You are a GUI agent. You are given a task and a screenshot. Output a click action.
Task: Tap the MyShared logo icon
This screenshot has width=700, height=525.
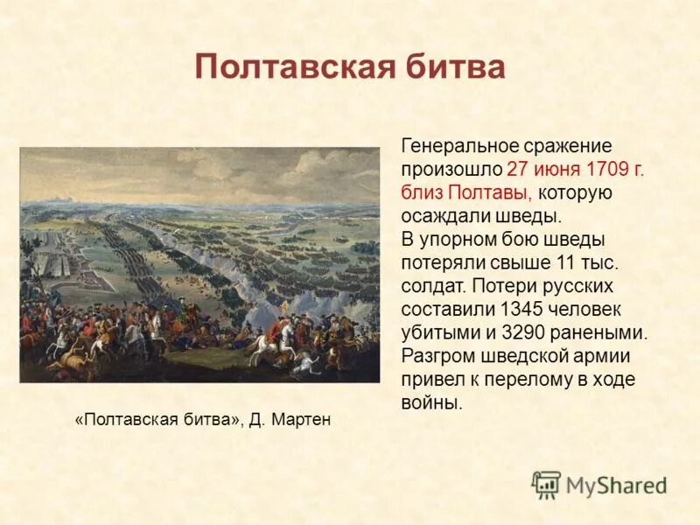[x=546, y=484]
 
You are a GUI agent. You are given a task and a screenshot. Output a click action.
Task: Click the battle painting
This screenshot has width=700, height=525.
[x=199, y=264]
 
